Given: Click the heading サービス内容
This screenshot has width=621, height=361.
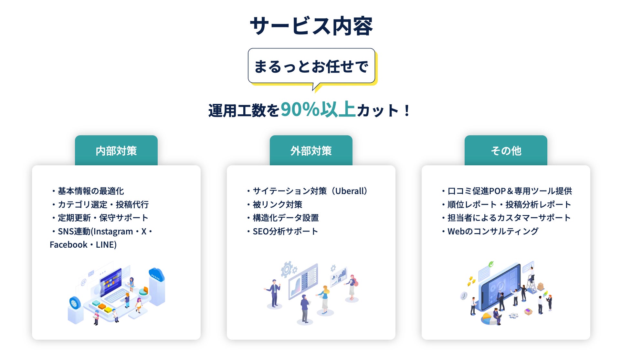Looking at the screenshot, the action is (311, 26).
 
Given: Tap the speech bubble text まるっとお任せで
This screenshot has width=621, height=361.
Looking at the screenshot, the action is (311, 67).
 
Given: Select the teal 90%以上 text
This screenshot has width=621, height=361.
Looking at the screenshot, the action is (318, 109).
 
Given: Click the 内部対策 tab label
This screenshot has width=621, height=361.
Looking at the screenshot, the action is (116, 151).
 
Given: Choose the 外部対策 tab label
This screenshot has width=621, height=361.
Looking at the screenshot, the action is (311, 151).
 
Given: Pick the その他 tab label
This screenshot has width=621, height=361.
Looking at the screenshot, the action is (506, 151).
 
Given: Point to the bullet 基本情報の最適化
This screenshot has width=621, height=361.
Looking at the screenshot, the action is (88, 191).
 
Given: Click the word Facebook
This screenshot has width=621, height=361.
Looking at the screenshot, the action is (68, 245).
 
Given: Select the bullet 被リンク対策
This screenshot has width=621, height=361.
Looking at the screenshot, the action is (275, 205).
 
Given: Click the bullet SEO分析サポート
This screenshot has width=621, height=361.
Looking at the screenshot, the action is (282, 232).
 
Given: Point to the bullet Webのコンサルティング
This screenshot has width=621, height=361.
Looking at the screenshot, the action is (490, 232).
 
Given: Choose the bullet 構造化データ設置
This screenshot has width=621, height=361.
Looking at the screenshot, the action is (283, 218).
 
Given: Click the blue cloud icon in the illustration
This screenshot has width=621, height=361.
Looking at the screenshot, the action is (156, 274).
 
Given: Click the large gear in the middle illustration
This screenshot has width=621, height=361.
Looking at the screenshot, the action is (286, 269).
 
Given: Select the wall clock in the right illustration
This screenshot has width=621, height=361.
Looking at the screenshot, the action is (464, 295).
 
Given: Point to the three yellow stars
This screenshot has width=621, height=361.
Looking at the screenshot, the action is (471, 281).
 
